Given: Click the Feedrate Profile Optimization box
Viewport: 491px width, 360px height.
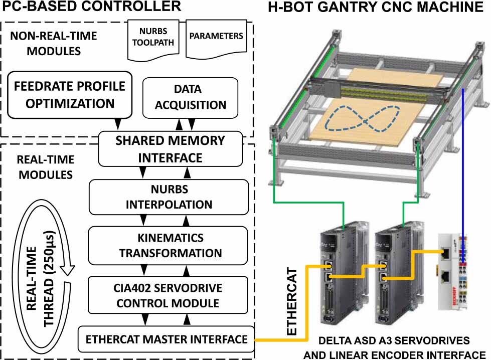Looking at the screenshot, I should (x=69, y=95).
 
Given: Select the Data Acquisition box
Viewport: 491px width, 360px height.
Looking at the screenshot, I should (x=190, y=97).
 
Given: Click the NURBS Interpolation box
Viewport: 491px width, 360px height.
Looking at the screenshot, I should (x=169, y=198).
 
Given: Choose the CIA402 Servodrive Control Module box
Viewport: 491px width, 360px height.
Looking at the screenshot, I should (x=169, y=295).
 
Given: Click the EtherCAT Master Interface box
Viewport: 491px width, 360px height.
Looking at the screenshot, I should (x=166, y=339).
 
